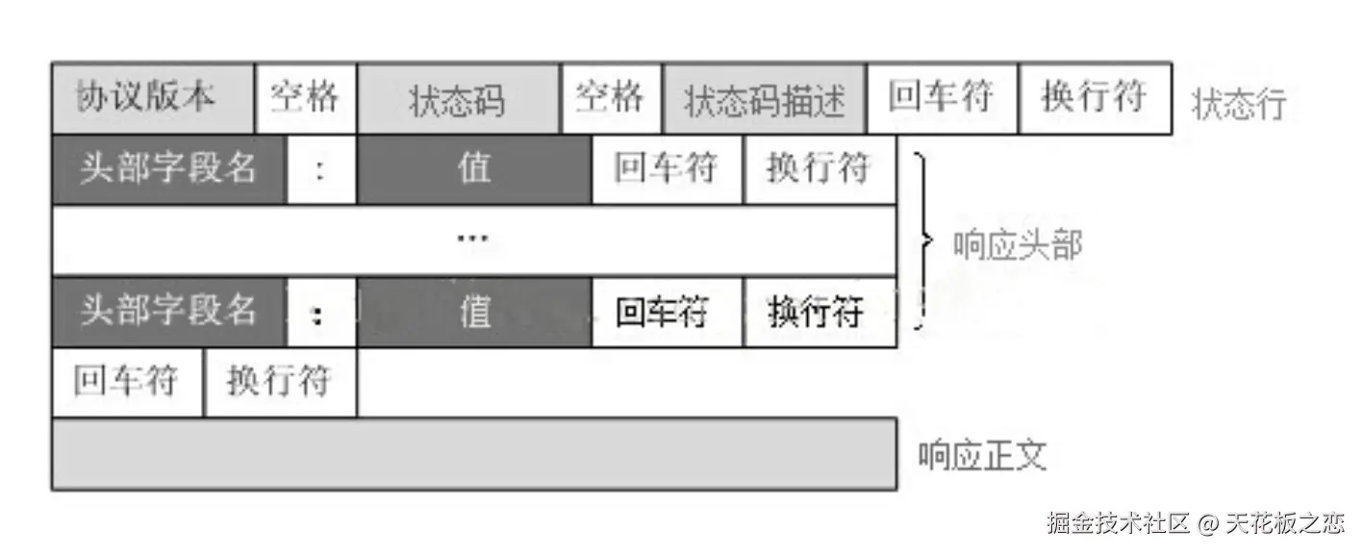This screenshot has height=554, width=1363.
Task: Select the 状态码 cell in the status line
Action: (x=458, y=99)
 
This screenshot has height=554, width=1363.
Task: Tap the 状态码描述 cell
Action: (x=764, y=99)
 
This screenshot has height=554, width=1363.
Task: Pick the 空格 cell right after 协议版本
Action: (x=305, y=98)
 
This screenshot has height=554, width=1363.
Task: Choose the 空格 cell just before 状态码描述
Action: (x=611, y=98)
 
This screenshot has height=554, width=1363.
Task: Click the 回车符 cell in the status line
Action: (x=941, y=98)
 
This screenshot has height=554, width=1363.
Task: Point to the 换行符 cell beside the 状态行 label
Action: (x=1095, y=98)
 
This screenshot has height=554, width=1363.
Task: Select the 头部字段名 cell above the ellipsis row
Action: (x=168, y=169)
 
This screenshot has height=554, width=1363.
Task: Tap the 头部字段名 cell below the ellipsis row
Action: (x=168, y=312)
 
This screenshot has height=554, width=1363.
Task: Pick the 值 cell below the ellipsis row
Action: (x=473, y=312)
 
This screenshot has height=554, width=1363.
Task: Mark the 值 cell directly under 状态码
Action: (x=473, y=169)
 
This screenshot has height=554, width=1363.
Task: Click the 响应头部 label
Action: (x=1018, y=245)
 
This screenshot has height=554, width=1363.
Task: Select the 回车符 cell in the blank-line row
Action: (x=127, y=382)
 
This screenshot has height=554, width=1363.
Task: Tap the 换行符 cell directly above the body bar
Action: (x=280, y=382)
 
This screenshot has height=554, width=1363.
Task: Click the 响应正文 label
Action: (x=982, y=455)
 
